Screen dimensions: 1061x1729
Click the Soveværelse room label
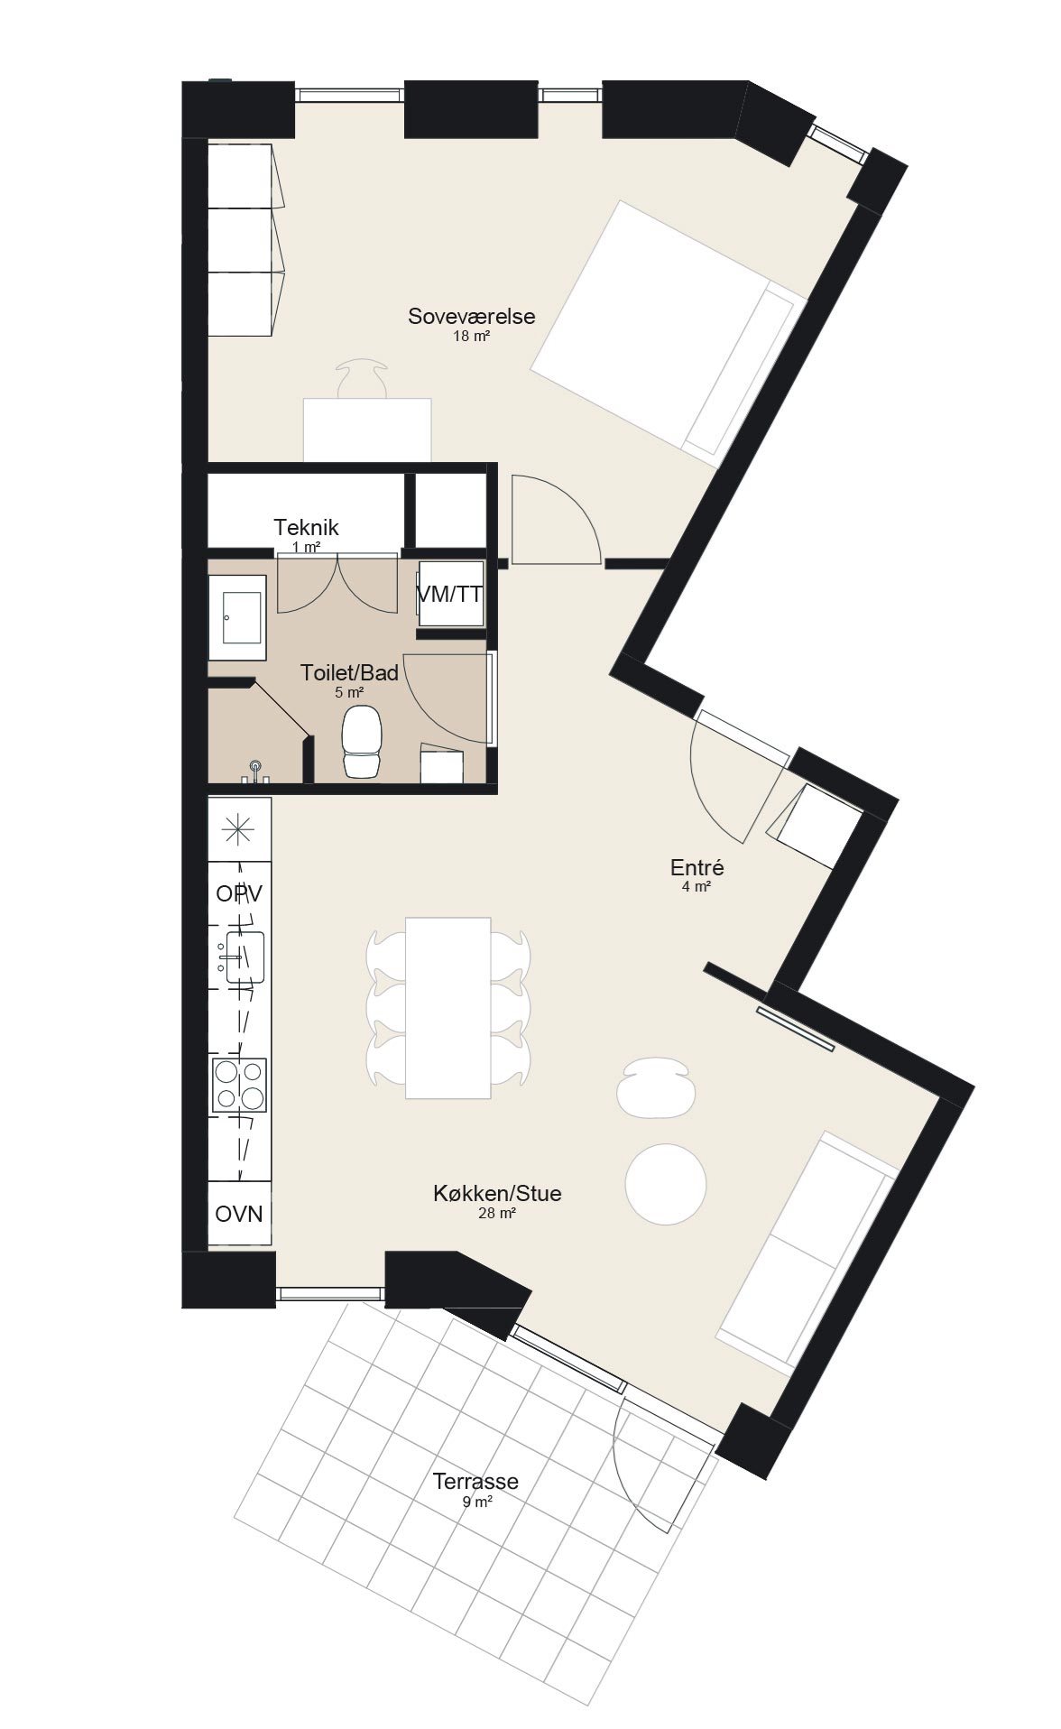pyautogui.click(x=471, y=316)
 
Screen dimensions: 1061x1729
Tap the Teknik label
pyautogui.click(x=306, y=527)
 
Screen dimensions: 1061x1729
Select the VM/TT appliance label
pyautogui.click(x=449, y=595)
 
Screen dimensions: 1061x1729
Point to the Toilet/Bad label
pyautogui.click(x=349, y=673)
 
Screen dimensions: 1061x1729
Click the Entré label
pyautogui.click(x=697, y=867)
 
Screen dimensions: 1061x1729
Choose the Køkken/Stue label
pyautogui.click(x=497, y=1193)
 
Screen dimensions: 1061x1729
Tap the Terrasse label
pyautogui.click(x=475, y=1481)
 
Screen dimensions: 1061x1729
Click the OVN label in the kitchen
pyautogui.click(x=239, y=1214)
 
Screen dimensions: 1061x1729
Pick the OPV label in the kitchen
pyautogui.click(x=239, y=893)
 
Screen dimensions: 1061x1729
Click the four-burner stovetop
pyautogui.click(x=239, y=1085)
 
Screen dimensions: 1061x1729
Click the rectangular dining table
pyautogui.click(x=448, y=1007)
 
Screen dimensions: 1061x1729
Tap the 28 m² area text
pyautogui.click(x=497, y=1214)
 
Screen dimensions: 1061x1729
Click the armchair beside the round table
pyautogui.click(x=657, y=1088)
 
